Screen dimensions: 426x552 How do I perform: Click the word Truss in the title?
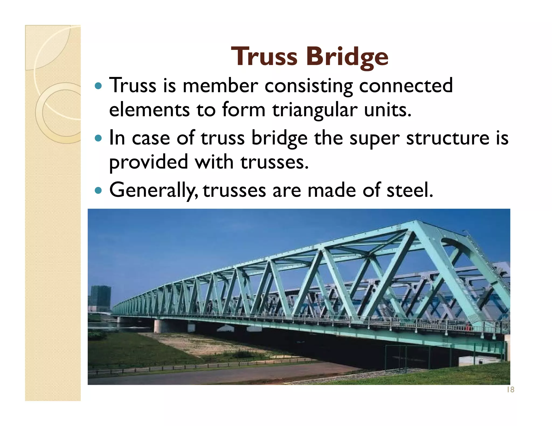[264, 57]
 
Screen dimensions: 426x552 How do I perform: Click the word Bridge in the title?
[347, 57]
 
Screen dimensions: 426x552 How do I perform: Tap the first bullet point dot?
[99, 86]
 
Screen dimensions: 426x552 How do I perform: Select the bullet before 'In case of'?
[99, 138]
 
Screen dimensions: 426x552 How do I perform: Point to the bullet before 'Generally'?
[99, 191]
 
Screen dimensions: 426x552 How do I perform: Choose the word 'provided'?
[148, 163]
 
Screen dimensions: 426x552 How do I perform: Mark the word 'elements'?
[149, 110]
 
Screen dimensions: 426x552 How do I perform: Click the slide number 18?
[510, 390]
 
